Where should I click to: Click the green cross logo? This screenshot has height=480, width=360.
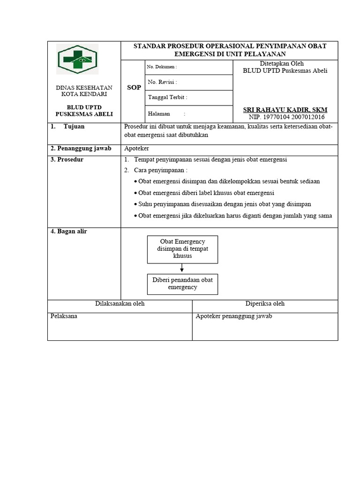click(x=77, y=59)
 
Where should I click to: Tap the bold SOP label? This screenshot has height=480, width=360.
click(x=134, y=88)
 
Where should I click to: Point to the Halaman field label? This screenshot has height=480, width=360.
click(x=159, y=113)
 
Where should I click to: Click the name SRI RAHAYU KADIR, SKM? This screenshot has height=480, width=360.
click(x=285, y=110)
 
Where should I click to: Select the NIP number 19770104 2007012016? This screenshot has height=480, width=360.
click(x=285, y=117)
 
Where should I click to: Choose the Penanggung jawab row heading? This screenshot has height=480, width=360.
click(x=81, y=149)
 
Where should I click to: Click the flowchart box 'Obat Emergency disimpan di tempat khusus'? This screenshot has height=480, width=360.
click(x=182, y=249)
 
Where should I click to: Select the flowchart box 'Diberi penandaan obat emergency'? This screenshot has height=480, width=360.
click(x=182, y=284)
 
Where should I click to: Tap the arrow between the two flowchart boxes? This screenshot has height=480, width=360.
click(x=182, y=268)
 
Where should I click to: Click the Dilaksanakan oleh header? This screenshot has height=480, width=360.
click(x=120, y=304)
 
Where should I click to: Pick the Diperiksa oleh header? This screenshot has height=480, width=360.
click(x=265, y=304)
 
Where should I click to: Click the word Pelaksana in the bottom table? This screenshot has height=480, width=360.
click(x=64, y=316)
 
